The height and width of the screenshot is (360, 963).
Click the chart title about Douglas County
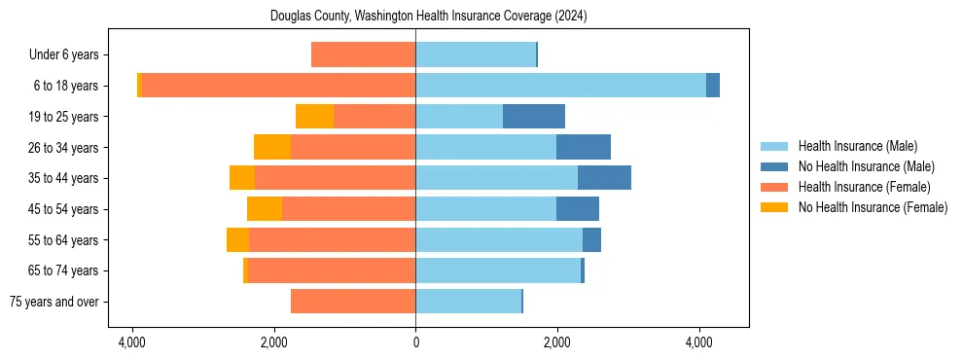coord(415,17)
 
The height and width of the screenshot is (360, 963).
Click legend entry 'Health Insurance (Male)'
coord(857,146)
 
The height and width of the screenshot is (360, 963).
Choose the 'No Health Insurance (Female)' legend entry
coord(873,207)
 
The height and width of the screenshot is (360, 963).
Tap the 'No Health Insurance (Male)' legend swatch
coord(776,166)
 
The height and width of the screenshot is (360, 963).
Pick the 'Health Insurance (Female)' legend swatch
coord(776,187)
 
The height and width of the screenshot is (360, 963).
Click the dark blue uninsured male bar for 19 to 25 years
coord(534,117)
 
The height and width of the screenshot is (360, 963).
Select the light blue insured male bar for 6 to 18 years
coord(560,86)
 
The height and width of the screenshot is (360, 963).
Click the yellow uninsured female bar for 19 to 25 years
coord(314,117)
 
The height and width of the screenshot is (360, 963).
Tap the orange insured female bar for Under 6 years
coord(363,55)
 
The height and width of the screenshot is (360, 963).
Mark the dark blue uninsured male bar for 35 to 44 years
coord(604,178)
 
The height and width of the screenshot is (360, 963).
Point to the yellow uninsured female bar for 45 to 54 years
coord(265,209)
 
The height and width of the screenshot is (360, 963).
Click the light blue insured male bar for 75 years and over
coord(468,302)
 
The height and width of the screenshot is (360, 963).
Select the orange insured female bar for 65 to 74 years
coord(332,270)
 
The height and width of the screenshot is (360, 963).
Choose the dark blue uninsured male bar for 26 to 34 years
coord(584,147)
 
